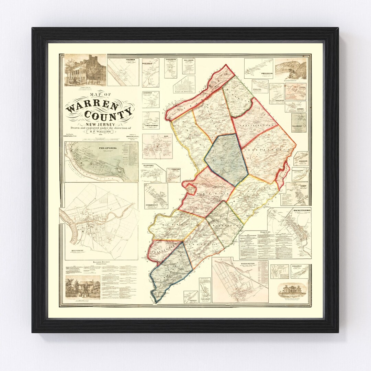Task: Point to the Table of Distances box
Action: [x=184, y=84]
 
